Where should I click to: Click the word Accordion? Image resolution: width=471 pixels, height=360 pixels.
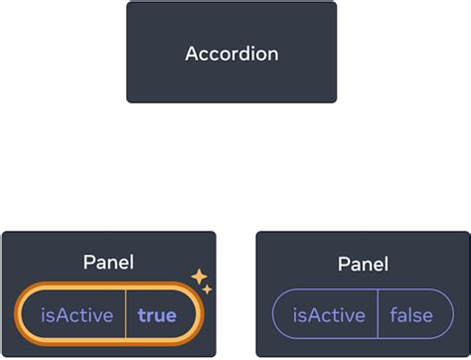pos(231,53)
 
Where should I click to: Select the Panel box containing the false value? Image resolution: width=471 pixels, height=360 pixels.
pos(363,249)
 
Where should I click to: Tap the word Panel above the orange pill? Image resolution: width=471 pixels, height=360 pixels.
pos(108,263)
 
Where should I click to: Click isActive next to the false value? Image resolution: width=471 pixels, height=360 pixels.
pos(327,316)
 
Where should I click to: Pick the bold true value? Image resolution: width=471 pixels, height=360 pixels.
pos(157,316)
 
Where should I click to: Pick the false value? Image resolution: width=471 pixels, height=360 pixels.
pos(411,316)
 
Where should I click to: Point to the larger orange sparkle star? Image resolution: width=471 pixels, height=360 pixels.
pos(199,275)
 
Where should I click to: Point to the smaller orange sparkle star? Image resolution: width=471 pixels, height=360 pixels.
pos(207,289)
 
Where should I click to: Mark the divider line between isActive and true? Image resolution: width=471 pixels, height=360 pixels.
pos(125,316)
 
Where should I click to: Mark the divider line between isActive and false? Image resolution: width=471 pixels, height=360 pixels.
pos(379,316)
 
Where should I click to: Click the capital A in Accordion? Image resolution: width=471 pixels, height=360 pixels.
pos(192,53)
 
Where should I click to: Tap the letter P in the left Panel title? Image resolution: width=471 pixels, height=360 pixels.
pos(87,263)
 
